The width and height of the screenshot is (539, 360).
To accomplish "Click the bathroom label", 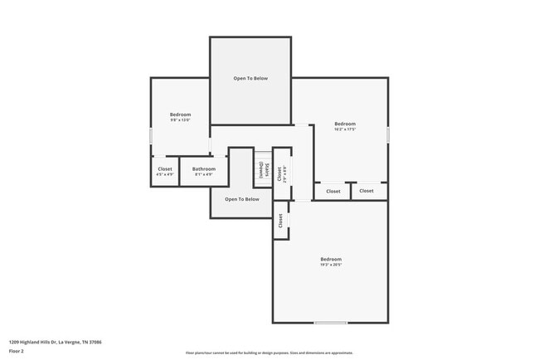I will click(x=204, y=168).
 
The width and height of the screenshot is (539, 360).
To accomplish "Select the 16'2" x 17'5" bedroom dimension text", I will click(x=345, y=129).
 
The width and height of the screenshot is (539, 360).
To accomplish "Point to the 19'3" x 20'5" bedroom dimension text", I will click(x=331, y=265).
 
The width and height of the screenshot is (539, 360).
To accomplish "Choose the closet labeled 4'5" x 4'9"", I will click(x=165, y=174).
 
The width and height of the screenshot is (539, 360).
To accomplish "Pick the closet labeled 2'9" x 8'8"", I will click(x=282, y=173).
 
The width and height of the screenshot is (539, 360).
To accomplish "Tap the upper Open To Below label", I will click(x=250, y=78).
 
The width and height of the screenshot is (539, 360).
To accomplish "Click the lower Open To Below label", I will click(x=242, y=199).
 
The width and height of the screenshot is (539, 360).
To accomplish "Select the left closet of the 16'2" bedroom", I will click(x=333, y=192).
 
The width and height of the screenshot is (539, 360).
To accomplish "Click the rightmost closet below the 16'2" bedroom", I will click(x=367, y=191).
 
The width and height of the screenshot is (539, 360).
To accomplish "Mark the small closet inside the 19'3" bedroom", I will click(x=281, y=221).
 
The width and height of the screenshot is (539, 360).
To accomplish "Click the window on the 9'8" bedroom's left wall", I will click(x=150, y=135).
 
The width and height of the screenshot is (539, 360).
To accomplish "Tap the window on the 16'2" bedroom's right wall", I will click(x=387, y=134).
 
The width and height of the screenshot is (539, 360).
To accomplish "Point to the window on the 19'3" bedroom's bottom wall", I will click(x=330, y=322).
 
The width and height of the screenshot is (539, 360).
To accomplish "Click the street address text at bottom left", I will click(x=55, y=341).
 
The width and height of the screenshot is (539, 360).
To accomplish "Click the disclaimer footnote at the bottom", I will click(x=269, y=353).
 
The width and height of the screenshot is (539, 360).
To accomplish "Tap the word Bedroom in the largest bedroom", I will click(x=331, y=260).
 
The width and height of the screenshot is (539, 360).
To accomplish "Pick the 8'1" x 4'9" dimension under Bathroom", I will click(x=204, y=174).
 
